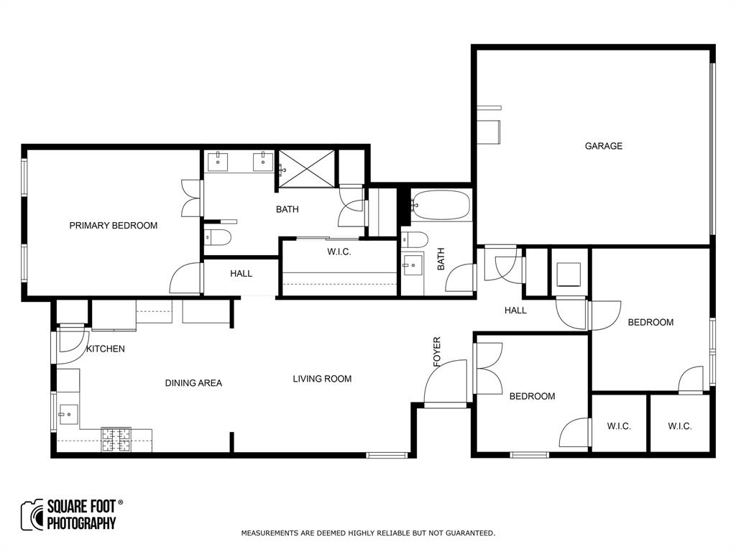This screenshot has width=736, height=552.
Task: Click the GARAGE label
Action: (x=603, y=146)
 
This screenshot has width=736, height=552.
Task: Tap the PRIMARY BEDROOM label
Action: (x=113, y=226)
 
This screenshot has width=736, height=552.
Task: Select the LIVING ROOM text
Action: (x=322, y=379)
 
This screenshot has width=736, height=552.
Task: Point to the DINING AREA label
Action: (x=193, y=383)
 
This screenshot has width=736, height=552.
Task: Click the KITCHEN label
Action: (x=106, y=349)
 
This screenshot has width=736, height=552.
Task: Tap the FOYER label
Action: (x=437, y=352)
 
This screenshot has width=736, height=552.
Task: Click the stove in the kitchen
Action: (x=116, y=439)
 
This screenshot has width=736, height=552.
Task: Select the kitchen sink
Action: (x=67, y=414)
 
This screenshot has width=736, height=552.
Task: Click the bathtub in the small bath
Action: (x=440, y=205)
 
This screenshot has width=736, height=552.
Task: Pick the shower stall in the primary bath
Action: (x=307, y=169)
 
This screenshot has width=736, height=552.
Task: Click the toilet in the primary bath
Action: (x=216, y=237)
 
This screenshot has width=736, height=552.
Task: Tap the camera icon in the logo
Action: (x=32, y=515)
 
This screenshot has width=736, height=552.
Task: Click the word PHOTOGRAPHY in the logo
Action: (x=81, y=523)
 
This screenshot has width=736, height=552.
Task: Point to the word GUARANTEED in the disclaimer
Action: (x=469, y=533)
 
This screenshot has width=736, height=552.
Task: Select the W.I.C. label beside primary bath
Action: (x=339, y=252)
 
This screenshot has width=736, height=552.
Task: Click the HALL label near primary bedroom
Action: (x=241, y=274)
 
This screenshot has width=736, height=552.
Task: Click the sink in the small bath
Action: (x=413, y=266)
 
